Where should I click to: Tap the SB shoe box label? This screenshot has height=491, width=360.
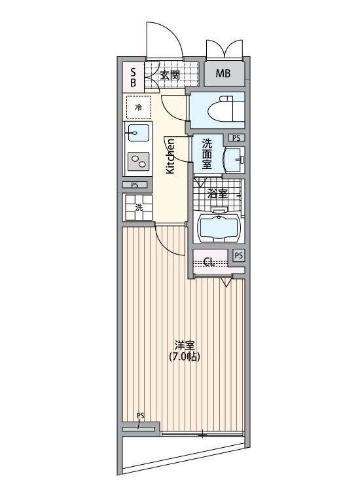[134, 77]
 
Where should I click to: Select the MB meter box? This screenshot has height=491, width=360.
[223, 73]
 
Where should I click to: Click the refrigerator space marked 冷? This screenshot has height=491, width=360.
[138, 106]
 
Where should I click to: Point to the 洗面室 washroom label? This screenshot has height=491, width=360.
[206, 153]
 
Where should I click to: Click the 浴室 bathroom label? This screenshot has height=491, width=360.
[217, 194]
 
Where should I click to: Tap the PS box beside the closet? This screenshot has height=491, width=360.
[238, 255]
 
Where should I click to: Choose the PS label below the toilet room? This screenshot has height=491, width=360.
[236, 138]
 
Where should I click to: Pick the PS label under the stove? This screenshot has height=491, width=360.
[134, 185]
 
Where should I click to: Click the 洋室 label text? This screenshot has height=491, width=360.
[184, 345]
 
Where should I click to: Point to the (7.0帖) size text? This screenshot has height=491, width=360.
[184, 357]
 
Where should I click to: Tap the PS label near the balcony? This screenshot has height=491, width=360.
[140, 416]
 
